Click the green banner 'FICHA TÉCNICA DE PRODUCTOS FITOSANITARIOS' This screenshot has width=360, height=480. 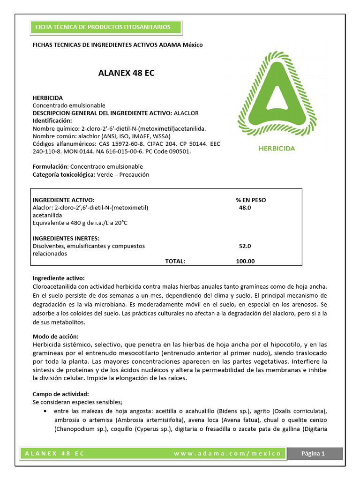coord(101,27)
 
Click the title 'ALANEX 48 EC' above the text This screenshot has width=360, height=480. coord(126,73)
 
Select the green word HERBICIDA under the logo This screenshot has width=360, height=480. coord(277,148)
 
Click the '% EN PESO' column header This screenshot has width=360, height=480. coord(251,200)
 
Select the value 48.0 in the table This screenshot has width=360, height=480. coord(245,207)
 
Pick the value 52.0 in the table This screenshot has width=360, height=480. coord(245,246)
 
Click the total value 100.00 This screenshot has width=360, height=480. coord(245,261)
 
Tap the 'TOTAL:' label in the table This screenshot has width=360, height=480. coord(175,261)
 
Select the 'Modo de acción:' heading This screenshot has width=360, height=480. coord(55,337)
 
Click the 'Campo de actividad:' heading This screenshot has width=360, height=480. coord(60,394)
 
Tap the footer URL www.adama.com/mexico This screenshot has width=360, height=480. coord(227,453)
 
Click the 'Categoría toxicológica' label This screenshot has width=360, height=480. coord(63,174)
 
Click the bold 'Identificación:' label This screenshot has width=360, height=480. coord(52,120)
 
